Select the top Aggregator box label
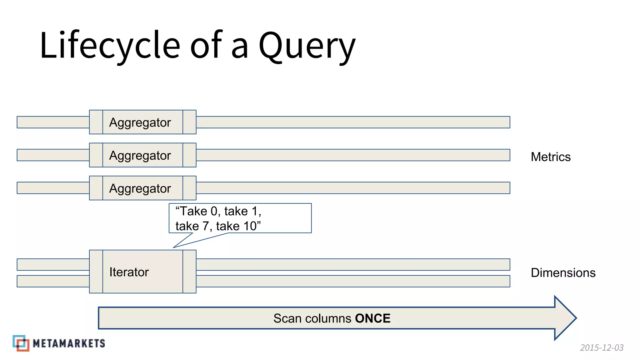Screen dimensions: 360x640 click(140, 122)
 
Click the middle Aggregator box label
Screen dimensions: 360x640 click(140, 155)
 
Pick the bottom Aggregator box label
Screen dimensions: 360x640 click(140, 188)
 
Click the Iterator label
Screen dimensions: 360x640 click(129, 272)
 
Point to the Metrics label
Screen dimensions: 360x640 click(551, 157)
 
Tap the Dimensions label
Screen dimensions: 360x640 click(563, 273)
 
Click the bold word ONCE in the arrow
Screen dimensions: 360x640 click(372, 318)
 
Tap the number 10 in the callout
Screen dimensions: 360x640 click(250, 226)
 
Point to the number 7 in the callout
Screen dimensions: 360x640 click(205, 226)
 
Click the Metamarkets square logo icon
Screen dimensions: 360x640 click(21, 343)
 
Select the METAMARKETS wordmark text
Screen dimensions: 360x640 click(69, 343)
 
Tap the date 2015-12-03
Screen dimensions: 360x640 click(602, 347)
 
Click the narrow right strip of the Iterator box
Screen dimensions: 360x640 click(189, 272)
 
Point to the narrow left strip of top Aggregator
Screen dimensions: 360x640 click(96, 122)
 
